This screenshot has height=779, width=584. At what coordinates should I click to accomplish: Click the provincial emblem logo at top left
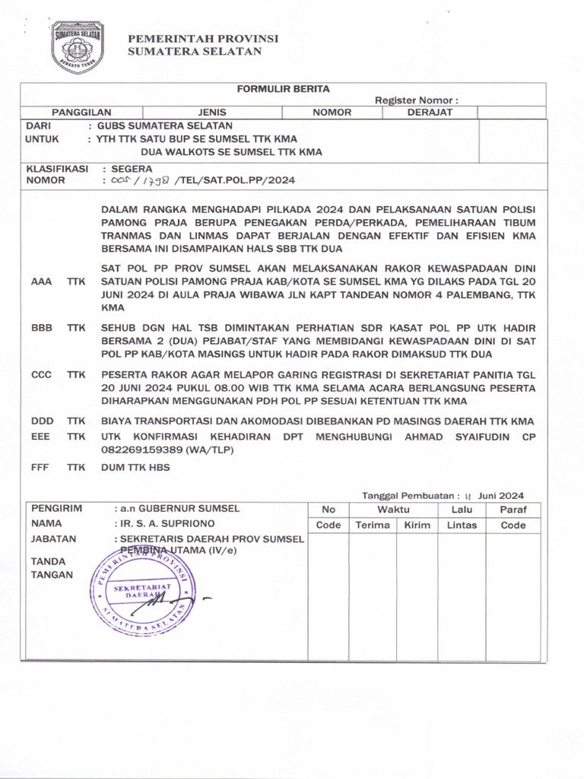click(77, 47)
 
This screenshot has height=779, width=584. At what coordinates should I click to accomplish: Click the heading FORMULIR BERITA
click(283, 89)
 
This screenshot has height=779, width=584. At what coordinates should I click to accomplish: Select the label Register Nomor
click(416, 100)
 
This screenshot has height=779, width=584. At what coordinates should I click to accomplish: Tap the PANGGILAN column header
click(76, 113)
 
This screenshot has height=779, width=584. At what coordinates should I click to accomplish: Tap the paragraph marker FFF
click(41, 468)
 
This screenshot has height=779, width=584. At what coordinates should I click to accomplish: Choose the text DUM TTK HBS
click(135, 468)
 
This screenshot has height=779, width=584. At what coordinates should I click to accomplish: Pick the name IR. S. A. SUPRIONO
click(167, 523)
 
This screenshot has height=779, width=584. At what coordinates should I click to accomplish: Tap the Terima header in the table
click(372, 525)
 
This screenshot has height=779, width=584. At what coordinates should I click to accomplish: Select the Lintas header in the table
click(462, 525)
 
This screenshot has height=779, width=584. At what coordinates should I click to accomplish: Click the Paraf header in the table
click(513, 510)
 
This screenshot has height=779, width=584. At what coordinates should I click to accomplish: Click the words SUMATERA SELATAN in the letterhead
click(195, 52)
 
